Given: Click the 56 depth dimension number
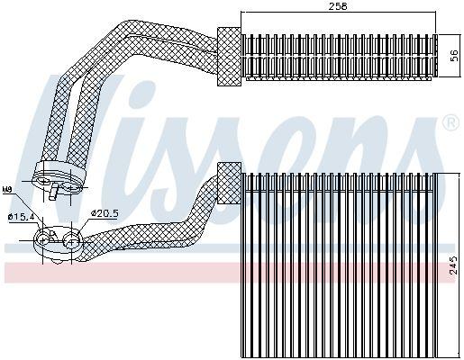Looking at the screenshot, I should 453,55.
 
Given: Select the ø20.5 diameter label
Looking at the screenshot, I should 105,211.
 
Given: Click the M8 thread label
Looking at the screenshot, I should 7,191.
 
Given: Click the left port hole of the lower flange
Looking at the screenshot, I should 43,238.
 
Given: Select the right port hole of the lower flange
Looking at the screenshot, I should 68,237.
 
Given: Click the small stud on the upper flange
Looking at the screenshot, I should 56,190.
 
